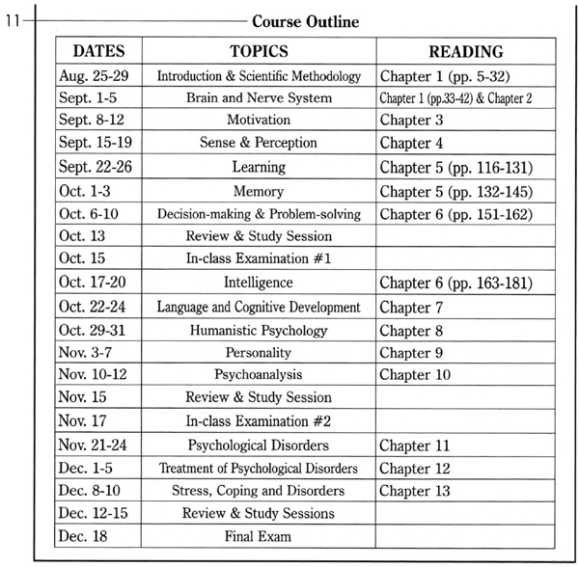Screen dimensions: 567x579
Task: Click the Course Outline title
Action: [x=305, y=20]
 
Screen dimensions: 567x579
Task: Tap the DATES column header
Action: [x=97, y=51]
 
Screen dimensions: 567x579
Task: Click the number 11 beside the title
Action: [x=14, y=20]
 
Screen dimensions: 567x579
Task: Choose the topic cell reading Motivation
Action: [x=258, y=121]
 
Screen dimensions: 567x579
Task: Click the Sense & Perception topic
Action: [x=258, y=144]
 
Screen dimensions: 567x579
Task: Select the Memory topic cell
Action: [x=258, y=191]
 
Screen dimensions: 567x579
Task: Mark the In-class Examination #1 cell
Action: [x=258, y=259]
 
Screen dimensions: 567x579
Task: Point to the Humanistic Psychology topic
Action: [x=258, y=330]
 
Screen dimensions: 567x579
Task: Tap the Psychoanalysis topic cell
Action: [x=258, y=375]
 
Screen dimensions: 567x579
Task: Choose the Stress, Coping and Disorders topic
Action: [x=258, y=491]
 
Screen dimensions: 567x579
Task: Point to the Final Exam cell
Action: [x=258, y=536]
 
